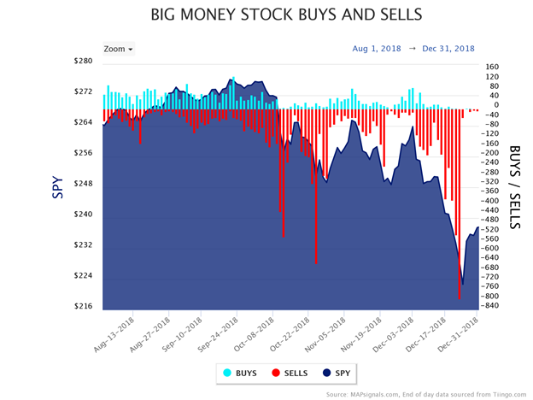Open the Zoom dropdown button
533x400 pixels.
118,49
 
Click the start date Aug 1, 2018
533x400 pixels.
378,49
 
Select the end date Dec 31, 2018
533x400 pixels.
448,49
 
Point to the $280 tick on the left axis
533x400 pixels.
84,61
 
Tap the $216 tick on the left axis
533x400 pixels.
84,306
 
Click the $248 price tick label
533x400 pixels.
84,184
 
